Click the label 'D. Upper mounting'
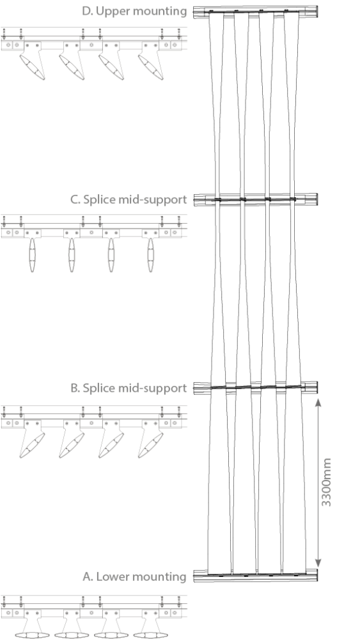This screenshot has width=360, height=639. pyautogui.click(x=134, y=12)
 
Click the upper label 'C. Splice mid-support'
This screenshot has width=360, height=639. pyautogui.click(x=129, y=199)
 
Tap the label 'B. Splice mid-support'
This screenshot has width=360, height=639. pyautogui.click(x=129, y=388)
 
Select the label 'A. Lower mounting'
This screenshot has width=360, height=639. pyautogui.click(x=134, y=576)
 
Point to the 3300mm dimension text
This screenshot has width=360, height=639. pyautogui.click(x=326, y=482)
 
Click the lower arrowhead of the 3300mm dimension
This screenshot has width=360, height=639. pyautogui.click(x=318, y=562)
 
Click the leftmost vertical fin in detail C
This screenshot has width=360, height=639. pyautogui.click(x=32, y=255)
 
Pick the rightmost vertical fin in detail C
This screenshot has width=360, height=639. pyautogui.click(x=150, y=255)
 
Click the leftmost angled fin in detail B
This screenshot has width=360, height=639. pyautogui.click(x=32, y=445)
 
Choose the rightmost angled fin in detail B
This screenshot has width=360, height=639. pyautogui.click(x=150, y=445)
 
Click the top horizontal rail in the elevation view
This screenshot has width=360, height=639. pyautogui.click(x=256, y=12)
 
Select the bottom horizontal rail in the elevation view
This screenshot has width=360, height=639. pyautogui.click(x=256, y=575)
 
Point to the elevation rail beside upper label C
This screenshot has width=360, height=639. pyautogui.click(x=256, y=199)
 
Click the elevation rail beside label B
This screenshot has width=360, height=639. pyautogui.click(x=256, y=388)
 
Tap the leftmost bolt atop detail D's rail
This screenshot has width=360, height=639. pyautogui.click(x=4, y=33)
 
